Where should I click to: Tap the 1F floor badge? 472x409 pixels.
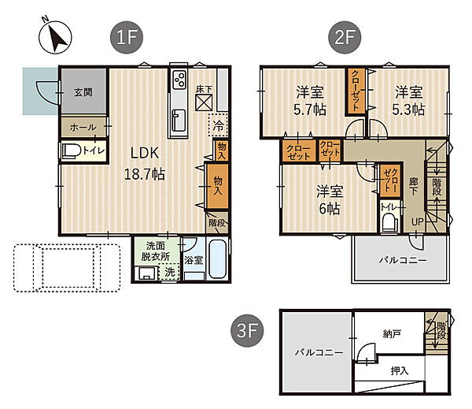[127, 37]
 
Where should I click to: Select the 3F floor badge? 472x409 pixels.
[247, 330]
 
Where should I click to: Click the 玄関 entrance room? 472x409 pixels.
[83, 91]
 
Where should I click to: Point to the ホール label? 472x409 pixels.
[83, 128]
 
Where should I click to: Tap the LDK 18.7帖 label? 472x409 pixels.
[145, 163]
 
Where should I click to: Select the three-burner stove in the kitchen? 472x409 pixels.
[179, 79]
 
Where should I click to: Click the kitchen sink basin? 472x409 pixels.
[179, 121]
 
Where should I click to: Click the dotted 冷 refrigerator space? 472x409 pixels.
[218, 125]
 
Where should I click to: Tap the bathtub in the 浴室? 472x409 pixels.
[217, 258]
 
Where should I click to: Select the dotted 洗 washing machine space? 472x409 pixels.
[169, 272]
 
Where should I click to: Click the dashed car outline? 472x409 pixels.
[67, 268]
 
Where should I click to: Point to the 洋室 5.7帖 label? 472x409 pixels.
[310, 101]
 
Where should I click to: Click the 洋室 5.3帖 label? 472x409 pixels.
[409, 101]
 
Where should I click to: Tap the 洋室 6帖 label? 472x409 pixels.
[330, 199]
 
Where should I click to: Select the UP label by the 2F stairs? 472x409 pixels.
[417, 222]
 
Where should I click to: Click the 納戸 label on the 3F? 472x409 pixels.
[392, 333]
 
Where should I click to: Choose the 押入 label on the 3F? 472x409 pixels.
[400, 370]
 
